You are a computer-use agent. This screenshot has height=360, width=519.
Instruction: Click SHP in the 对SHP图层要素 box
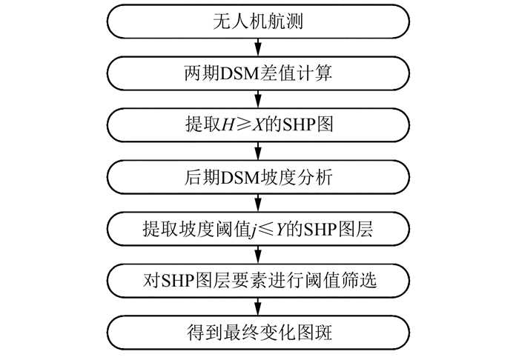(x=190, y=280)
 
